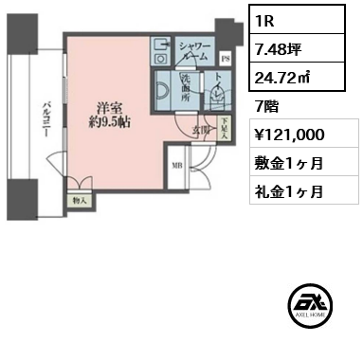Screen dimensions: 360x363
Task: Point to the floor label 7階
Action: click(x=266, y=102)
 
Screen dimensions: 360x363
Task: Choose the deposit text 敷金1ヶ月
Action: click(x=288, y=163)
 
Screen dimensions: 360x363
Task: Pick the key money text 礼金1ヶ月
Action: click(x=288, y=190)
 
